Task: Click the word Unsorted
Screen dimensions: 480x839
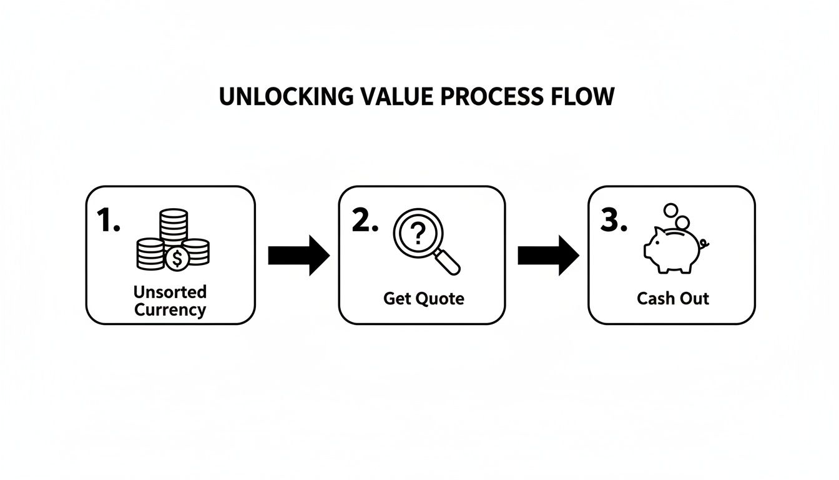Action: (170, 292)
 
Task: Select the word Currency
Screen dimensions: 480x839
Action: (170, 310)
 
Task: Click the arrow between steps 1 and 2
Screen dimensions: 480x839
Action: (298, 255)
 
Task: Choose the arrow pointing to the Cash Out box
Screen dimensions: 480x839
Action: (548, 255)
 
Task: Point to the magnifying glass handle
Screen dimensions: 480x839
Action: (448, 262)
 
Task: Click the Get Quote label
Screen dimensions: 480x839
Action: (423, 299)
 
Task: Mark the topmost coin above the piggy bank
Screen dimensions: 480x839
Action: (671, 210)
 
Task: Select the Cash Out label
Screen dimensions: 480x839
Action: (672, 299)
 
